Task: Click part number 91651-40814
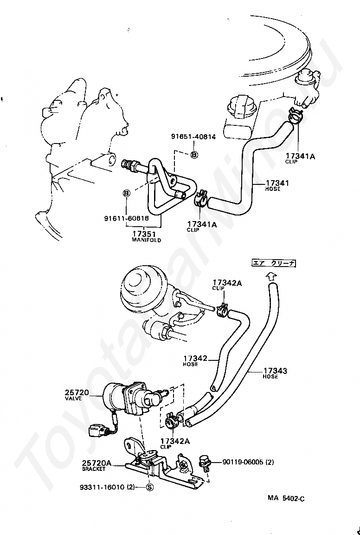(x=193, y=137)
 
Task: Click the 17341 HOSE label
(x=277, y=185)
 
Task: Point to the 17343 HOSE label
(x=275, y=373)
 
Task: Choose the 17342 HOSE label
(x=195, y=361)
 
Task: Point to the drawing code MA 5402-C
(x=286, y=499)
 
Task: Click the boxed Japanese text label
(x=274, y=263)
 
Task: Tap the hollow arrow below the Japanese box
(x=270, y=276)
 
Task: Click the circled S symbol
(x=149, y=487)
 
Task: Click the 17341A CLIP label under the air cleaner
(x=300, y=159)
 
